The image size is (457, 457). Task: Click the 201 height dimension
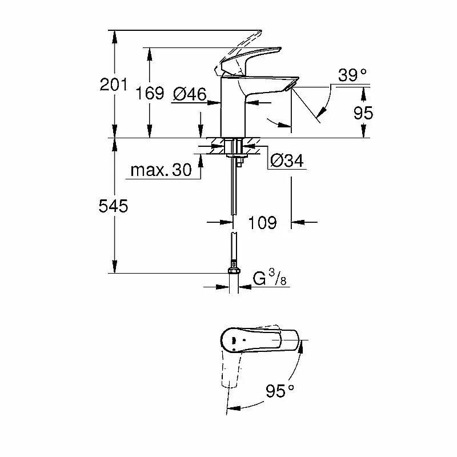pyautogui.click(x=113, y=85)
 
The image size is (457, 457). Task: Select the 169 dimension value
pyautogui.click(x=150, y=93)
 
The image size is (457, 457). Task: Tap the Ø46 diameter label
pyautogui.click(x=190, y=94)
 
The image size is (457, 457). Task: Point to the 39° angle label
pyautogui.click(x=352, y=75)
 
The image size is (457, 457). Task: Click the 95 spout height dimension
pyautogui.click(x=363, y=113)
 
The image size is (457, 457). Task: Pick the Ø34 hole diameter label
pyautogui.click(x=287, y=161)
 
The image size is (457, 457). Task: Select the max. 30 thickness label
pyautogui.click(x=161, y=170)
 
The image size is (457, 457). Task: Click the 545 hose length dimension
pyautogui.click(x=113, y=206)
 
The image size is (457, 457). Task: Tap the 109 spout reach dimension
pyautogui.click(x=262, y=223)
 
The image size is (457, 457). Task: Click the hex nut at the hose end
pyautogui.click(x=234, y=270)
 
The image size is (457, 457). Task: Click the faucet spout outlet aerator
pyautogui.click(x=290, y=86)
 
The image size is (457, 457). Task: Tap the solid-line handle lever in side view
pyautogui.click(x=251, y=60)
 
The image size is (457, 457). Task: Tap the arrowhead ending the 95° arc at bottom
pyautogui.click(x=234, y=407)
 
